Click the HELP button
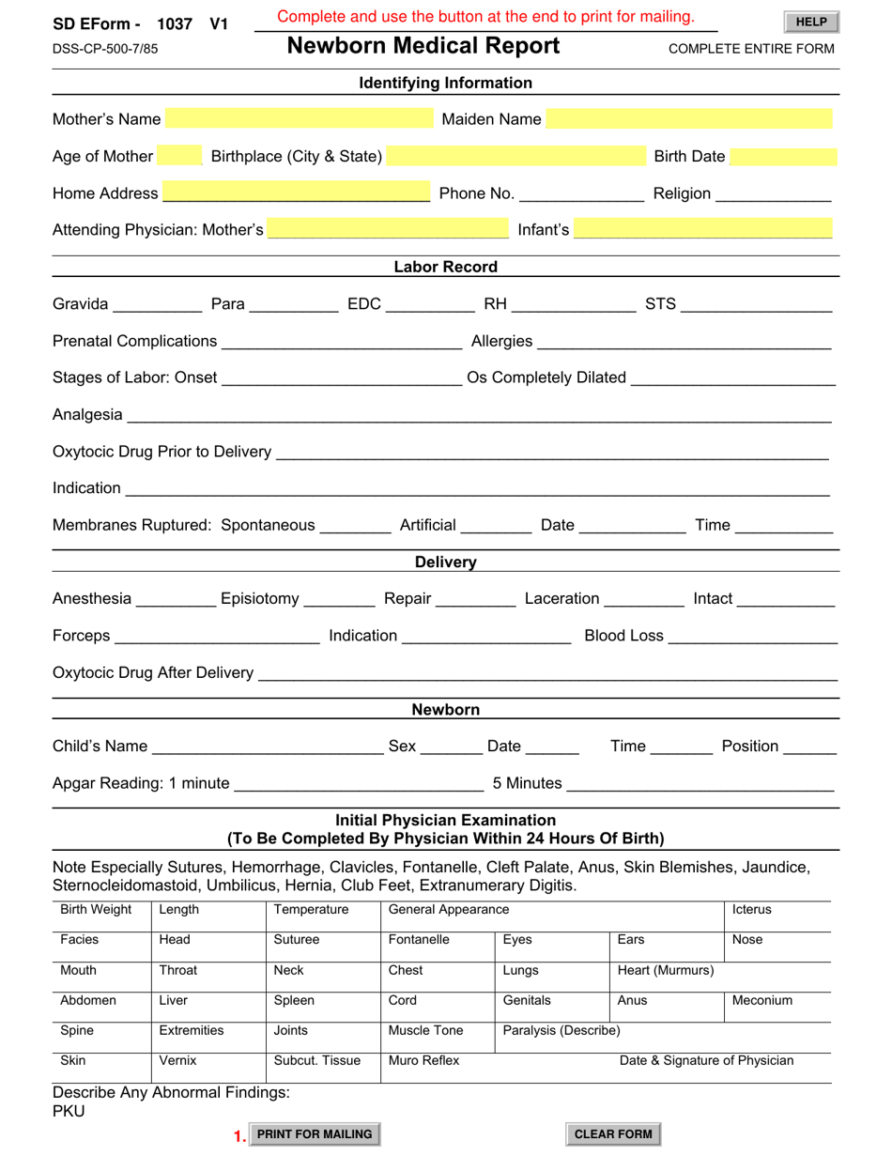[810, 23]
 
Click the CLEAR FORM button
[612, 1134]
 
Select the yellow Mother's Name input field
[298, 119]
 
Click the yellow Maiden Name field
[688, 119]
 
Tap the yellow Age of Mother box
[180, 157]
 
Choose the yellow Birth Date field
[783, 157]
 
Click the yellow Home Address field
[296, 193]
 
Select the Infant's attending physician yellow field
[702, 229]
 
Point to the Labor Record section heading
[445, 267]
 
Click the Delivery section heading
[445, 562]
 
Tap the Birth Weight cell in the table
[96, 910]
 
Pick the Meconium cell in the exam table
[762, 1001]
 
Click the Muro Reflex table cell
[423, 1061]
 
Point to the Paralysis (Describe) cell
[561, 1031]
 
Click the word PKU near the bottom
[69, 1112]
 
